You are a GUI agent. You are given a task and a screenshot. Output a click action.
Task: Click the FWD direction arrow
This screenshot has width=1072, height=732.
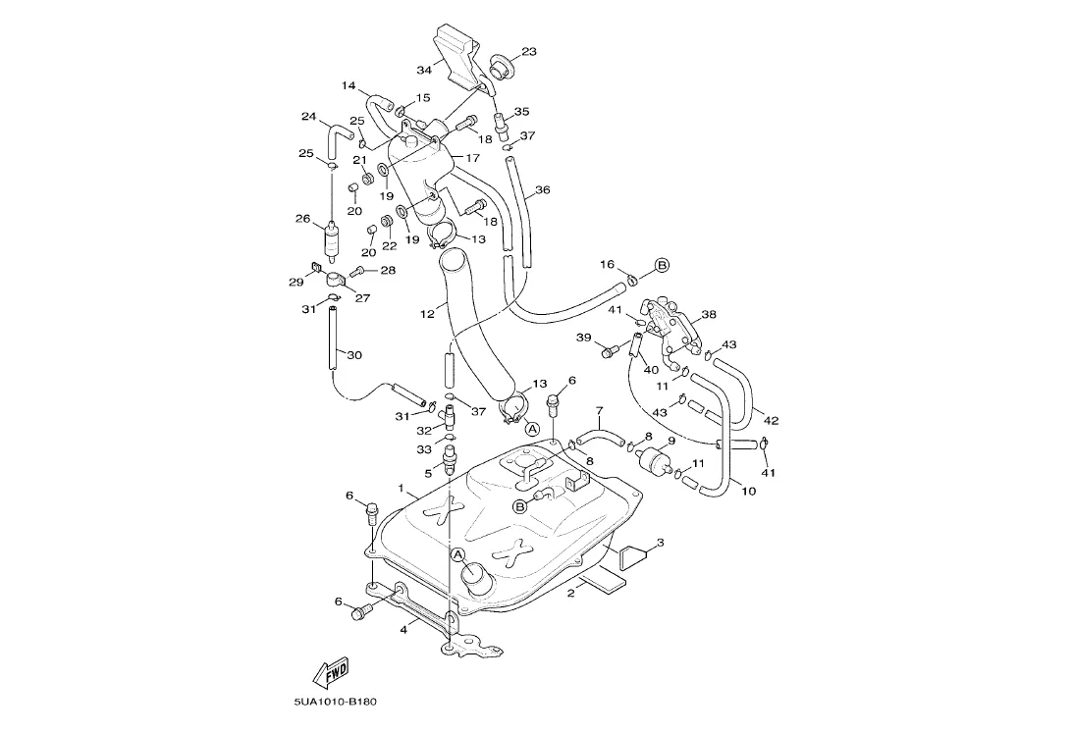pos(332,672)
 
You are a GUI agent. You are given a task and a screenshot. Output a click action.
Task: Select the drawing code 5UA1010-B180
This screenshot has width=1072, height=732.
pos(335,702)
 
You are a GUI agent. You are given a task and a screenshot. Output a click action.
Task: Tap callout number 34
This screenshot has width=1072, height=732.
pos(424,71)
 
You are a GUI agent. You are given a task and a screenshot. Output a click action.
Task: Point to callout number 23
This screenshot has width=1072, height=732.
pos(529,52)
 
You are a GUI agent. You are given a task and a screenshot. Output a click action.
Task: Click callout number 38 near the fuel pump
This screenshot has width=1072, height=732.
pos(708,315)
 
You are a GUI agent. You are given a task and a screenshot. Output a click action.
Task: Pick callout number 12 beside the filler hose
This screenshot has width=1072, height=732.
pos(427,315)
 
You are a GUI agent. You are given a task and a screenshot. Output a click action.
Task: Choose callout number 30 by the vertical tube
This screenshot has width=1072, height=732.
pos(354,355)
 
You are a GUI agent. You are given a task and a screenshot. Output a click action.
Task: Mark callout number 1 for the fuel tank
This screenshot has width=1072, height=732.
pos(401,488)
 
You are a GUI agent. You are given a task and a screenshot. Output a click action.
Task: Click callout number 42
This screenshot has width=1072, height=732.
pos(771,421)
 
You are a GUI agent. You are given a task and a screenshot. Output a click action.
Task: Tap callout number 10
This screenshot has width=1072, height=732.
pos(748,492)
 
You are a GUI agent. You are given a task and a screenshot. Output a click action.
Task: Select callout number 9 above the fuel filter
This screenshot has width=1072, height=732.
pos(671,442)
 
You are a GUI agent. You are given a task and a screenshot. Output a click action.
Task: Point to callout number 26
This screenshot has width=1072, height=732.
pos(302,219)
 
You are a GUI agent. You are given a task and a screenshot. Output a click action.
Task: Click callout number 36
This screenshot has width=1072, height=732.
pos(542,190)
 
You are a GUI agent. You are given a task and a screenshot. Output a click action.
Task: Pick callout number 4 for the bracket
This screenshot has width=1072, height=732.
pos(402,630)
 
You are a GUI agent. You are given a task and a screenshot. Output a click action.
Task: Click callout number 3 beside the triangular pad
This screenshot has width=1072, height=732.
pos(660,543)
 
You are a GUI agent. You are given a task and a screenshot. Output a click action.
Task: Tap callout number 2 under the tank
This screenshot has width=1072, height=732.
pos(570,594)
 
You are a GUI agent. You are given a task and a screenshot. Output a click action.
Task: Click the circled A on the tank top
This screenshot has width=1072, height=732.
pos(457,554)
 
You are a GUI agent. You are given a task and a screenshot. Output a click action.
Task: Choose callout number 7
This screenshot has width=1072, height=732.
pos(599,410)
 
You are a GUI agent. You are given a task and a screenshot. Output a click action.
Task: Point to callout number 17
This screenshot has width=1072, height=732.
pos(473,158)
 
